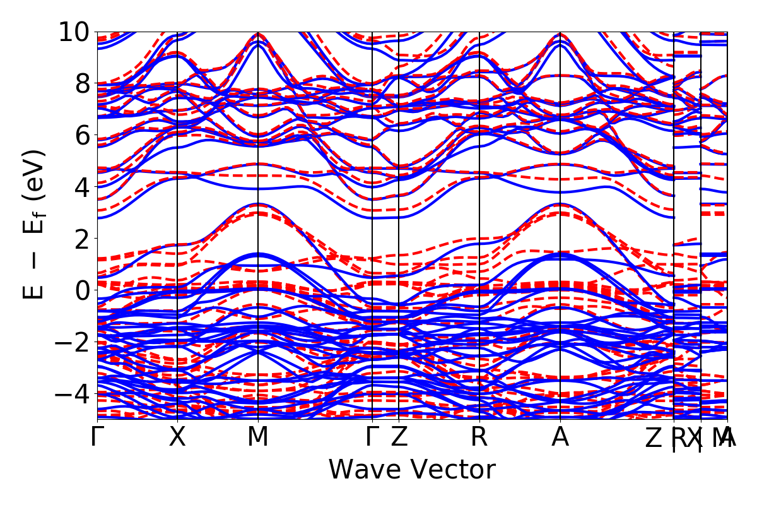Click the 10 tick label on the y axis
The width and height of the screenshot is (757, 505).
tap(74, 32)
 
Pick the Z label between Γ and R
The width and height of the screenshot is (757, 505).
tap(399, 437)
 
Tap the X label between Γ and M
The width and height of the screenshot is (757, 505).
tap(177, 437)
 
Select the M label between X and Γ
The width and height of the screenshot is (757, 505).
tap(257, 437)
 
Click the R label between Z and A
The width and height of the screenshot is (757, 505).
tap(479, 437)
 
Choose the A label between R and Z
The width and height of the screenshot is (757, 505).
tap(560, 437)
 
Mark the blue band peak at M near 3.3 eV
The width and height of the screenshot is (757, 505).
tap(257, 204)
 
